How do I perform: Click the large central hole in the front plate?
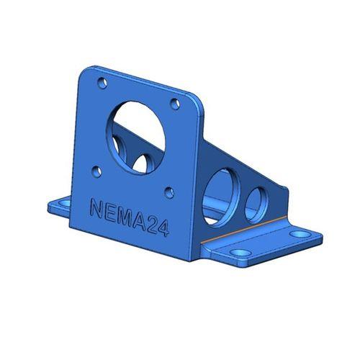click(x=139, y=137)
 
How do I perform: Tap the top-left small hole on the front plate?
click(x=101, y=81)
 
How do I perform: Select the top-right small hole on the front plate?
click(x=174, y=103)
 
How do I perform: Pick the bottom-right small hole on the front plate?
click(x=168, y=192)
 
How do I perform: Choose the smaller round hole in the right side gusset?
click(x=256, y=204)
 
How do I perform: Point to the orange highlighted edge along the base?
click(x=245, y=230)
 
